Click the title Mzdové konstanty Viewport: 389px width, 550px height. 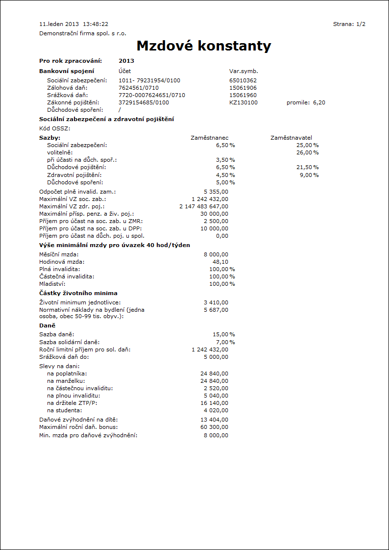[203, 46]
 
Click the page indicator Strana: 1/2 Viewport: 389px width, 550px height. [349, 24]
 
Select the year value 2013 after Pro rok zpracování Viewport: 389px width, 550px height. [126, 61]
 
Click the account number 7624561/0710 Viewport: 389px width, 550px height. [139, 88]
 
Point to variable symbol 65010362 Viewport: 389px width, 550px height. [243, 80]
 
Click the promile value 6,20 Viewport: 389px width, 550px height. [319, 102]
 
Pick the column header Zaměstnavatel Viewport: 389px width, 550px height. [291, 138]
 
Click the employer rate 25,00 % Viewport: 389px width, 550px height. [308, 145]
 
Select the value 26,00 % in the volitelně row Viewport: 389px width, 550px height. [308, 152]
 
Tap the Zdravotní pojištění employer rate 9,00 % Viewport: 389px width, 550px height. [309, 175]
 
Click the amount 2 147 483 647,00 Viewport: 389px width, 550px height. [204, 206]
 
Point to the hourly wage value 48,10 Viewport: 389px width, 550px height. [220, 262]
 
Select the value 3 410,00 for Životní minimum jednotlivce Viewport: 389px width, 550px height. [216, 302]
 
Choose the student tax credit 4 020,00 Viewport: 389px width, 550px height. [216, 410]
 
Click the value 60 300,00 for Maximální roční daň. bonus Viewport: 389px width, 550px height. [215, 427]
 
